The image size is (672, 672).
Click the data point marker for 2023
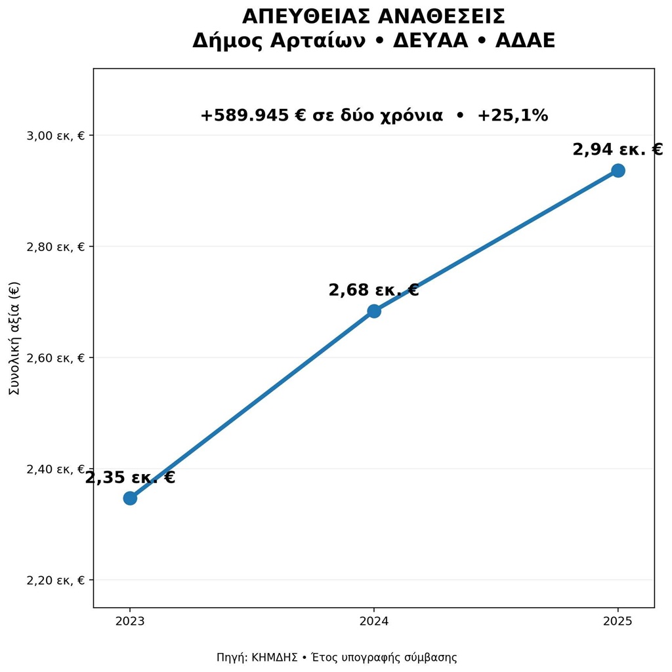tap(130, 498)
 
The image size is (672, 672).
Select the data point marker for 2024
tap(374, 311)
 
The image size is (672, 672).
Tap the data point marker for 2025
tap(618, 170)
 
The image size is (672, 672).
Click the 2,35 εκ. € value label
tap(130, 477)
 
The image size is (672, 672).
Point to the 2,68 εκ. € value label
tap(374, 290)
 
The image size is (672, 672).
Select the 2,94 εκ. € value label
tap(618, 150)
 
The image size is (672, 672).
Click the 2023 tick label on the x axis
tap(130, 621)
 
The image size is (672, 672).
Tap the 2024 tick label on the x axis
tap(374, 621)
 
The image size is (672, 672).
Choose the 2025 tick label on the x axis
tap(618, 621)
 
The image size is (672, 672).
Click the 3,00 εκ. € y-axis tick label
tap(56, 136)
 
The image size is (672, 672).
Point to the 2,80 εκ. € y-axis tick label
tap(56, 247)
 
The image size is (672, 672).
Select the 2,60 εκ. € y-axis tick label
tap(56, 358)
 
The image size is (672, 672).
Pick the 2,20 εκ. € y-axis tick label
tap(56, 580)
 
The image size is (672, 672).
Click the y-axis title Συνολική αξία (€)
tap(14, 338)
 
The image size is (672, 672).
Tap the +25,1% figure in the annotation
tap(513, 115)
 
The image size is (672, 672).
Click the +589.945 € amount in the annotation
tap(253, 115)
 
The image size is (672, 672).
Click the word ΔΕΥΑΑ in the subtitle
tap(430, 41)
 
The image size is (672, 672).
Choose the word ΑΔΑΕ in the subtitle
tap(525, 41)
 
